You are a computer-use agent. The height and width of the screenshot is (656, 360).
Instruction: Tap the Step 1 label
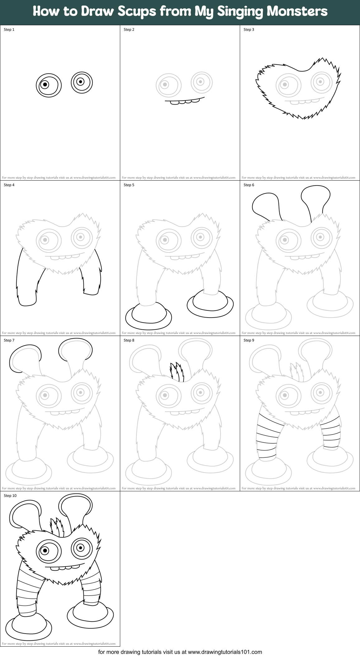9,30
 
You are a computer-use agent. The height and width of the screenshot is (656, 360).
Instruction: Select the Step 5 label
129,185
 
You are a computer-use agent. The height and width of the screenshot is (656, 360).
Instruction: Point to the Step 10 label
10,496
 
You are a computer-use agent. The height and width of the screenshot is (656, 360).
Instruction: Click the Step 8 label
129,340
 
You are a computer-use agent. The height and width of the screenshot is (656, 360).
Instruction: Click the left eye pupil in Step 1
45,84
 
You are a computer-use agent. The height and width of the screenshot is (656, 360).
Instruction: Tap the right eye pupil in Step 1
81,82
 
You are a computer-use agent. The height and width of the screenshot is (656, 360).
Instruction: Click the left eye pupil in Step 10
45,550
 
